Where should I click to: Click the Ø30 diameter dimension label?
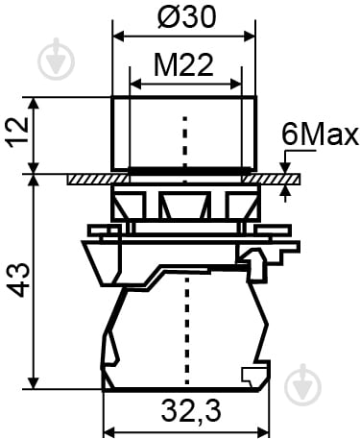(x=187, y=16)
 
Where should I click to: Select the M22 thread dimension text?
(x=183, y=65)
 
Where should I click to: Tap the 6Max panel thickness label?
(x=320, y=135)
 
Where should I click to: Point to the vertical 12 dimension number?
(x=18, y=133)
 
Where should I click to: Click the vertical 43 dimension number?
(x=18, y=280)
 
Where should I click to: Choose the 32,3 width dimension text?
(x=191, y=411)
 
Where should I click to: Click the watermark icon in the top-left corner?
(x=56, y=61)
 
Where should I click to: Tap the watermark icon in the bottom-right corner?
(x=302, y=385)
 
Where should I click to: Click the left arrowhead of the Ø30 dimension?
(x=119, y=37)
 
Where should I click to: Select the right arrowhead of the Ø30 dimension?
(x=250, y=37)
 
